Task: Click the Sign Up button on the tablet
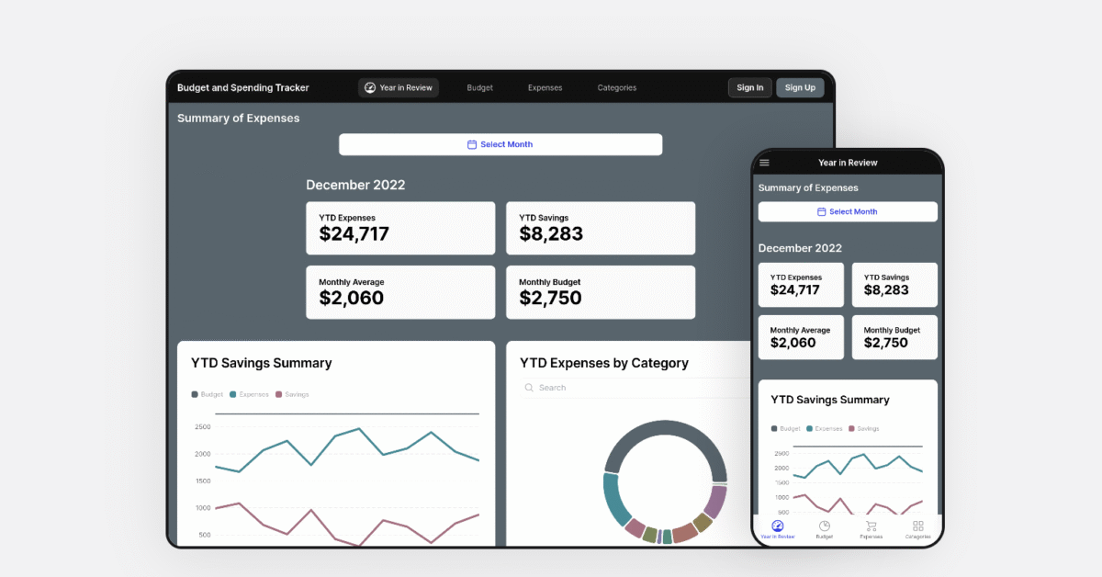[800, 88]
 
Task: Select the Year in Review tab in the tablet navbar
[399, 88]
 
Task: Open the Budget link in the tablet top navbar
[479, 88]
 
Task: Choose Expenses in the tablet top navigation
[545, 88]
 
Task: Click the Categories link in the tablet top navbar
[616, 88]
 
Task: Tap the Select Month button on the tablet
[500, 144]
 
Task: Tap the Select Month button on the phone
[847, 211]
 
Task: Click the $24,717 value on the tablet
[354, 233]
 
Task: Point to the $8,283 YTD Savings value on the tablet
[551, 233]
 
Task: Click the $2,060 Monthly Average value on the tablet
[352, 298]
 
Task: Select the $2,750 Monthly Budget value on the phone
[886, 343]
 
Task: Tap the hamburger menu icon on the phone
[764, 163]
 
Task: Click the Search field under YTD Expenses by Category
[634, 388]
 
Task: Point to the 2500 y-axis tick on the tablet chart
[203, 427]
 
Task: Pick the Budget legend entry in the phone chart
[786, 429]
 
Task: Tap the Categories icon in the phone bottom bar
[917, 527]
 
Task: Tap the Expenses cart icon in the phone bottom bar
[871, 527]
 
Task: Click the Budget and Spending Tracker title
[243, 88]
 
